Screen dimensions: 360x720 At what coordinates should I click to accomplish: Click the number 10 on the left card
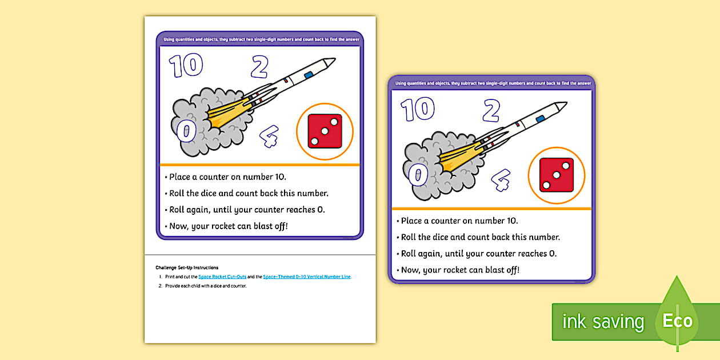pyautogui.click(x=186, y=66)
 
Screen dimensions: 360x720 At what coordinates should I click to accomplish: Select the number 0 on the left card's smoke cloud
pyautogui.click(x=186, y=131)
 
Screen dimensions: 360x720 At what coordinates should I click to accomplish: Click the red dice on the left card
pyautogui.click(x=325, y=131)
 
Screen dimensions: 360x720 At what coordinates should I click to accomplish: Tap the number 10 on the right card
pyautogui.click(x=417, y=110)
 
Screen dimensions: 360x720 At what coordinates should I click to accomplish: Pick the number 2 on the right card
pyautogui.click(x=491, y=111)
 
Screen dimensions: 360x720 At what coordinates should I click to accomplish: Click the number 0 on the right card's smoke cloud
pyautogui.click(x=418, y=175)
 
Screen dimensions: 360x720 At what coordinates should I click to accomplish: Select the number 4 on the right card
pyautogui.click(x=501, y=179)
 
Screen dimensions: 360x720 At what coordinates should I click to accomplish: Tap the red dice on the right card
pyautogui.click(x=557, y=175)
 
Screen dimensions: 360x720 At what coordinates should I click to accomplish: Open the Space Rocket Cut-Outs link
pyautogui.click(x=222, y=277)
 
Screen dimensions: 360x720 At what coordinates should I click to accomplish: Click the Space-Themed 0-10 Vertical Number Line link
pyautogui.click(x=307, y=277)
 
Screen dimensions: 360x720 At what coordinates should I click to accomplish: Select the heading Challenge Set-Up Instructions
pyautogui.click(x=186, y=267)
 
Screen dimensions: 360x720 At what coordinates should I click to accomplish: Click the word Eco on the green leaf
pyautogui.click(x=677, y=321)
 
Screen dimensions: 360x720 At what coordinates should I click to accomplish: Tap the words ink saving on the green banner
pyautogui.click(x=603, y=322)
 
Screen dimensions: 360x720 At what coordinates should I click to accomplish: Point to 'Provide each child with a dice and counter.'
pyautogui.click(x=206, y=286)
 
